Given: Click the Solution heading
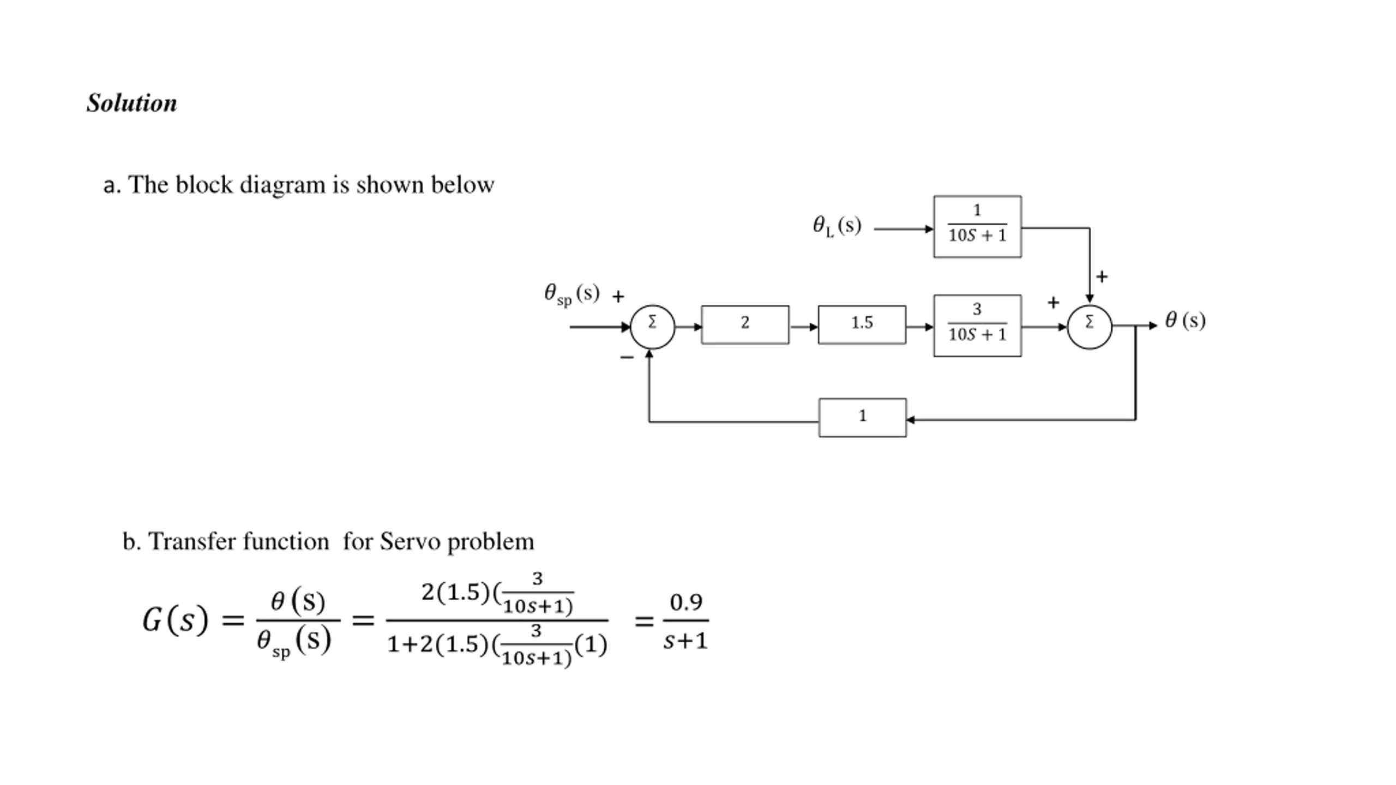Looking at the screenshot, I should pos(132,103).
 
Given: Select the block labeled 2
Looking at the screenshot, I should pos(745,325).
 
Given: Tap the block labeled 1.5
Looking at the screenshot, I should pos(862,325).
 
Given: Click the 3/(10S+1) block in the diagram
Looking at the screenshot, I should pos(977,326).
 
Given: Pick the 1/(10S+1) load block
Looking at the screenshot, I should pos(977,227).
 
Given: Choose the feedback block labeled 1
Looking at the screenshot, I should pos(862,418).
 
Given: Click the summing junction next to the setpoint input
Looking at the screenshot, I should pos(652,327).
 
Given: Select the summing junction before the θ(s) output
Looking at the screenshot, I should pos(1089,327).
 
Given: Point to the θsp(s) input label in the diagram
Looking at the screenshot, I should pos(571,294).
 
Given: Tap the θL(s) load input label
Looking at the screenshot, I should pos(837,226).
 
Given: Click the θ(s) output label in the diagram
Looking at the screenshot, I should pos(1185,320).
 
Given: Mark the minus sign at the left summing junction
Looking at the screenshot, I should pos(627,358).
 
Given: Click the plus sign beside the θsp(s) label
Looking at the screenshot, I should pos(618,297).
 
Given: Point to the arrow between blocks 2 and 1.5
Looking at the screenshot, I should pos(803,327).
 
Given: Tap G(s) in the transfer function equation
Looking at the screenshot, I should pos(175,620).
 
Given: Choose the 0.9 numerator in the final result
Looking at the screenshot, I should pos(685,602).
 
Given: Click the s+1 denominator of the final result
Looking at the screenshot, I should pos(685,641).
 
